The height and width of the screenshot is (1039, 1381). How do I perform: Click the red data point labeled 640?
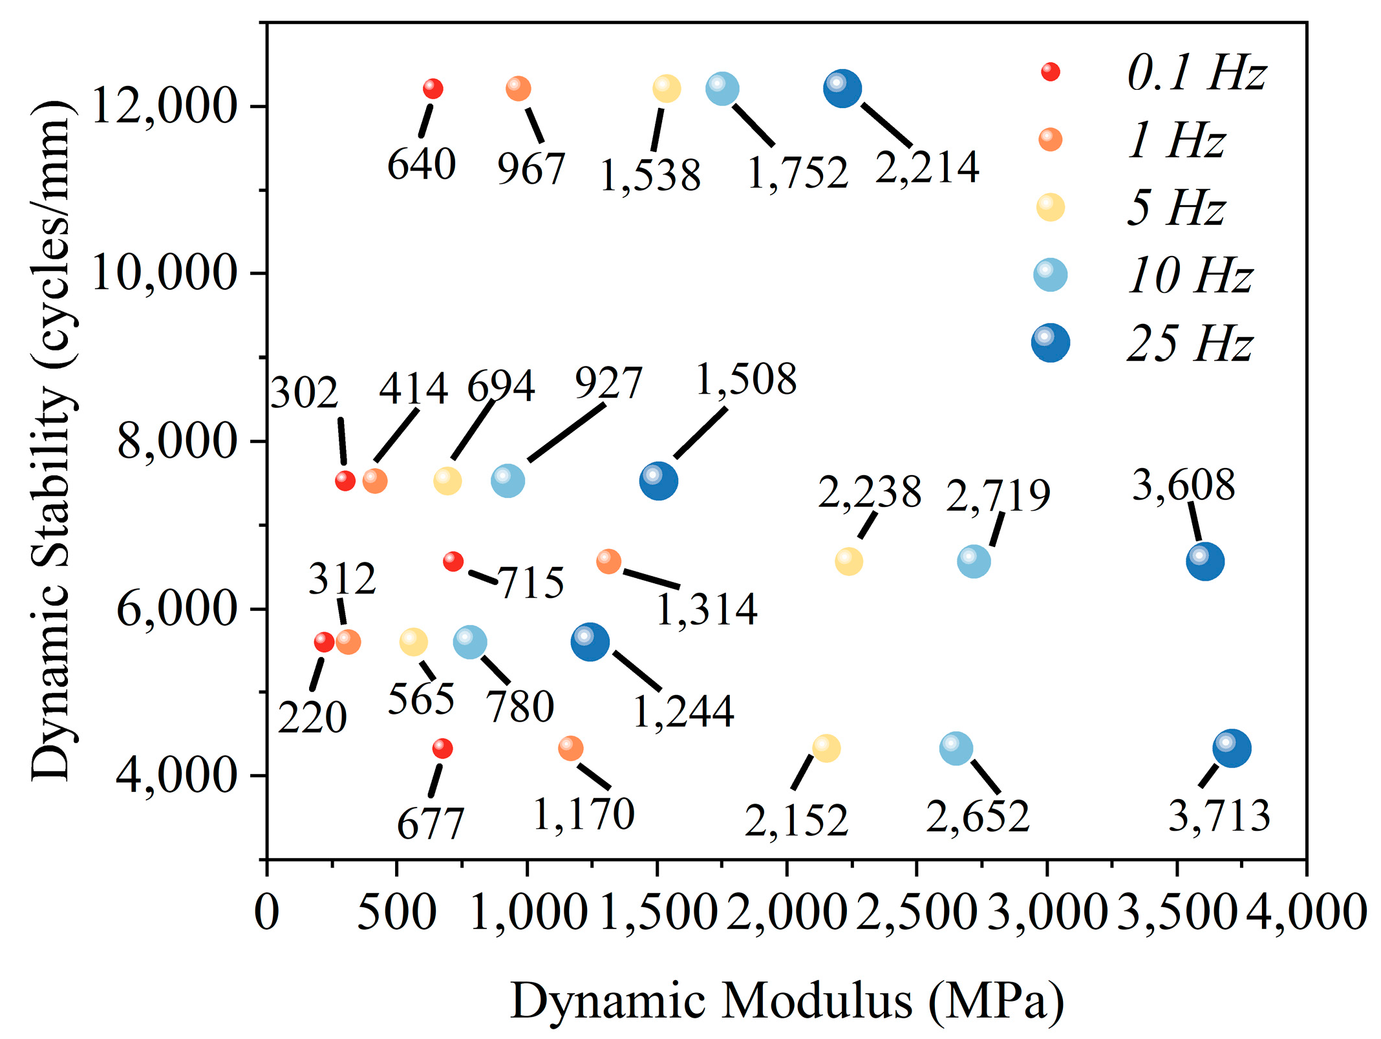tap(433, 89)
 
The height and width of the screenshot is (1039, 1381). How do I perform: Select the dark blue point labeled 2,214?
tap(842, 89)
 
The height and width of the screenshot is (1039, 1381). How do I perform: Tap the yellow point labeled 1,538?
tap(667, 89)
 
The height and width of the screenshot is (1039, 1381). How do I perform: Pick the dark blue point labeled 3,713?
tap(1232, 748)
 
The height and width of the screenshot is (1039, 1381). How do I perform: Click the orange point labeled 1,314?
tap(608, 561)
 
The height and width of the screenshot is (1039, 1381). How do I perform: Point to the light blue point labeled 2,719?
tap(974, 561)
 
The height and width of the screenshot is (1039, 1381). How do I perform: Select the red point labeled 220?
tap(324, 642)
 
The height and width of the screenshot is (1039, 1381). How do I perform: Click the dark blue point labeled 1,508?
tap(658, 481)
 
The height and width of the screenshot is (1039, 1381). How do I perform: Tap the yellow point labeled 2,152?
tap(826, 748)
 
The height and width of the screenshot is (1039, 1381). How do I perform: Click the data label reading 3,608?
tap(1183, 486)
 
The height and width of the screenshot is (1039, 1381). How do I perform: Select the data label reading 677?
tap(431, 824)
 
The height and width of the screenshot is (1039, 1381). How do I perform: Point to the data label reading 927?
tap(608, 383)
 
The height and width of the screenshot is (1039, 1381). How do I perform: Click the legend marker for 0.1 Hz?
tap(1051, 72)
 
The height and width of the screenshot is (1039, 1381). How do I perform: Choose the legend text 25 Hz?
tap(1190, 343)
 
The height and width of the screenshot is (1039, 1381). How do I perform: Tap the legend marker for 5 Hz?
tap(1051, 208)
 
